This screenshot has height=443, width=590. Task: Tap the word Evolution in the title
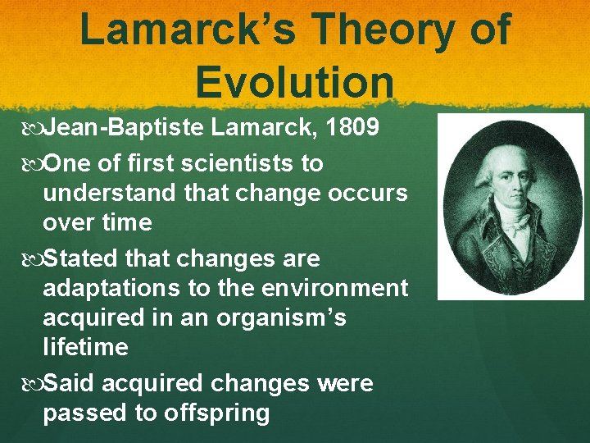(x=295, y=84)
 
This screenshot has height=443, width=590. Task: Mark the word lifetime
(x=85, y=347)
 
